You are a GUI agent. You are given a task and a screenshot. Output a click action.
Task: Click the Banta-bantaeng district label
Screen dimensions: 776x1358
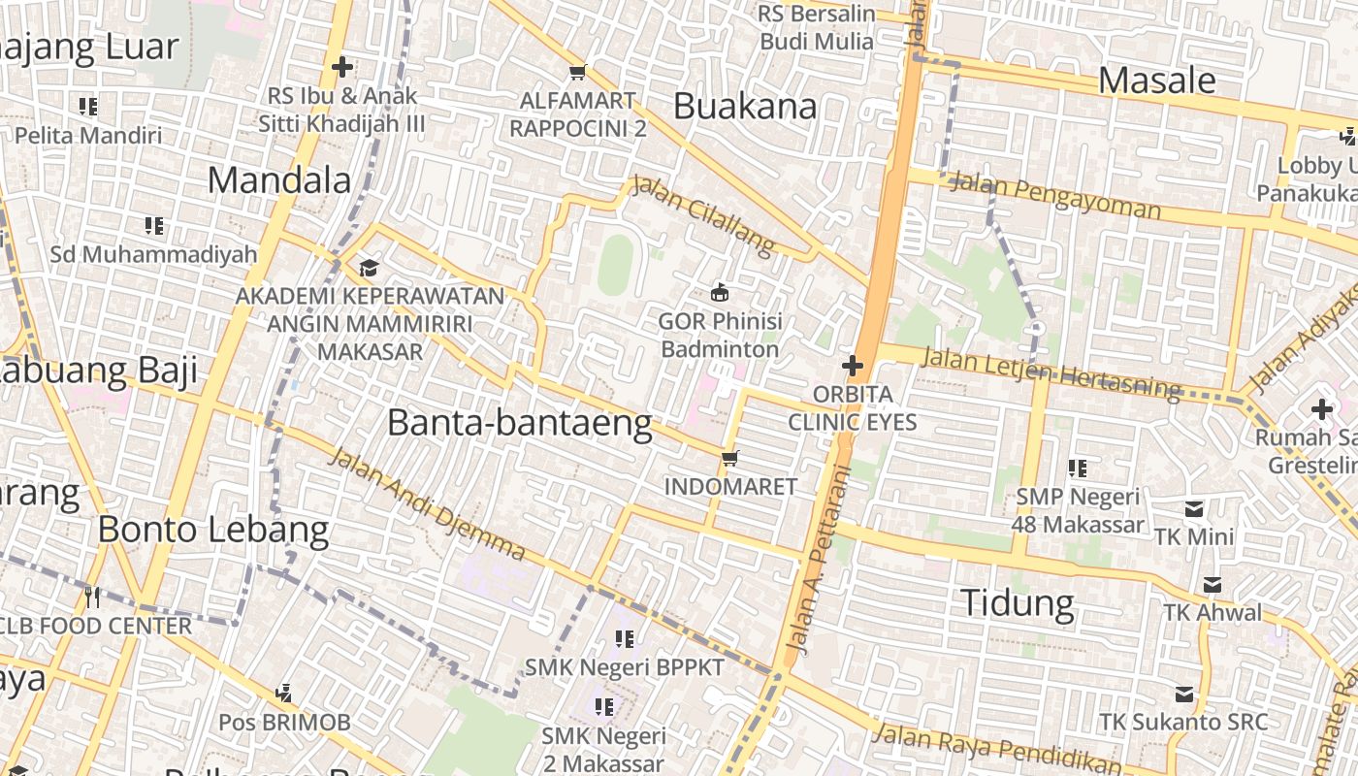519,424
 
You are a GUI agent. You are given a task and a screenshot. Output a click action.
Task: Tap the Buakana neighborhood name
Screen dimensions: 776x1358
745,107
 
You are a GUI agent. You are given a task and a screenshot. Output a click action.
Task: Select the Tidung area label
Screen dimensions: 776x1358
1018,603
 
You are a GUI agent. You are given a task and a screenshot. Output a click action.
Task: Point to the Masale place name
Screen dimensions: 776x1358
1157,81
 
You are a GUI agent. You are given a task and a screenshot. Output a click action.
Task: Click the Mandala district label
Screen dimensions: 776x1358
279,180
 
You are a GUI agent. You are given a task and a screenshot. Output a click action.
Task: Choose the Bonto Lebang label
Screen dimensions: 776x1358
213,530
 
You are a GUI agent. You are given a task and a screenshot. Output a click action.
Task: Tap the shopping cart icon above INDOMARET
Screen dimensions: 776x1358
729,457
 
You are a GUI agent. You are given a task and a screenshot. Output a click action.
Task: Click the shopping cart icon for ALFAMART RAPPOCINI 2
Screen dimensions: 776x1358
578,72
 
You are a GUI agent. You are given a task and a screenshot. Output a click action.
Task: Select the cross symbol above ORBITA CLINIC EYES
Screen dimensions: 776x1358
853,366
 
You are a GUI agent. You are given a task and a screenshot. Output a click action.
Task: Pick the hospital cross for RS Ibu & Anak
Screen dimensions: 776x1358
341,67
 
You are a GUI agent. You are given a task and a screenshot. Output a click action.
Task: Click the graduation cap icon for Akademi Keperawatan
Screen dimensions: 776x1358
369,268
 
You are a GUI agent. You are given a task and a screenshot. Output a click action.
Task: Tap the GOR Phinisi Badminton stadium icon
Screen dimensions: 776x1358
720,292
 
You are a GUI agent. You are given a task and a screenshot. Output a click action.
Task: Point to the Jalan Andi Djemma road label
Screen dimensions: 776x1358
428,504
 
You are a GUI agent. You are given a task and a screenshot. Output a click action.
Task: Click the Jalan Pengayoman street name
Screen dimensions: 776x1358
1054,194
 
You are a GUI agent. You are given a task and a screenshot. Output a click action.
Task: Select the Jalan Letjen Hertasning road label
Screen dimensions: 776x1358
1051,372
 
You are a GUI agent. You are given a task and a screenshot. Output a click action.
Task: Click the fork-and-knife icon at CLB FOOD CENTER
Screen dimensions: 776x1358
93,596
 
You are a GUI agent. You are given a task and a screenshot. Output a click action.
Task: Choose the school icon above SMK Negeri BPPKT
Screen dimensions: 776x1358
625,638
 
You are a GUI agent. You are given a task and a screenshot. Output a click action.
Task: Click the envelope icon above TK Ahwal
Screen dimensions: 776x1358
1212,585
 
